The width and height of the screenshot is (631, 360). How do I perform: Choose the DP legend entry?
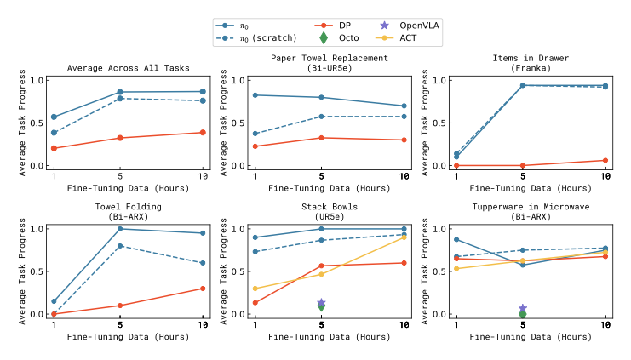tap(336, 26)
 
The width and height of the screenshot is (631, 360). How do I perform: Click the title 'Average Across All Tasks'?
tap(128, 68)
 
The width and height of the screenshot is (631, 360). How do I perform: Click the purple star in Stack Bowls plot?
tap(321, 303)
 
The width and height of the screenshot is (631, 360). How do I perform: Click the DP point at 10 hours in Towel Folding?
tap(202, 289)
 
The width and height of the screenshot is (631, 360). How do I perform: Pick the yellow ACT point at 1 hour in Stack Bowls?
tap(255, 289)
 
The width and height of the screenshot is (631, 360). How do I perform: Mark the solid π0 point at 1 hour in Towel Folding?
tap(53, 301)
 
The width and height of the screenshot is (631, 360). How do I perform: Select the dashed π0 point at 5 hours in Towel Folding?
tap(120, 246)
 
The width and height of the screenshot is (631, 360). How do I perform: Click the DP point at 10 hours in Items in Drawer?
tap(605, 160)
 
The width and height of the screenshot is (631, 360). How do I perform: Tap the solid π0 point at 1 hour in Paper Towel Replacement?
tap(255, 95)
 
